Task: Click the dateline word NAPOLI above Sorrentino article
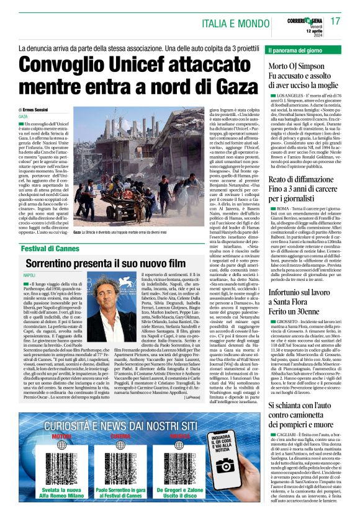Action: [x=29, y=274]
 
